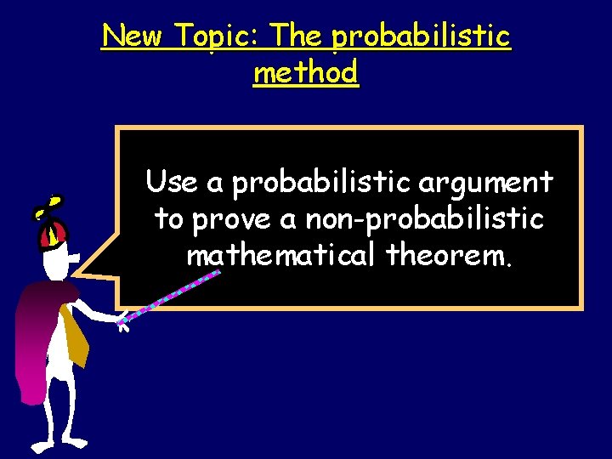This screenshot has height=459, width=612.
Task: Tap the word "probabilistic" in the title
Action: [422, 37]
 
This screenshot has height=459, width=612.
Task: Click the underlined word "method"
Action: [306, 73]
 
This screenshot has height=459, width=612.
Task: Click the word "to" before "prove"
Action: [168, 218]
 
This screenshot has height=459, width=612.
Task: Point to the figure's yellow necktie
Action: [74, 336]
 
